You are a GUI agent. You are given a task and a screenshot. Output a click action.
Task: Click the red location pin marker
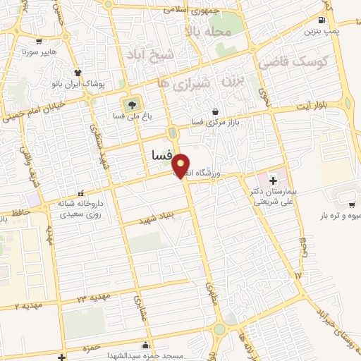point(182,166)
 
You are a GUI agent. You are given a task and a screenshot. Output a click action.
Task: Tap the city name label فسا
point(161,153)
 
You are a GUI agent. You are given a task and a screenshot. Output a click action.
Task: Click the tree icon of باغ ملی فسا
point(130,104)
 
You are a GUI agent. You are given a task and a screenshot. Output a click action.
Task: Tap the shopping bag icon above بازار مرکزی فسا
point(215,111)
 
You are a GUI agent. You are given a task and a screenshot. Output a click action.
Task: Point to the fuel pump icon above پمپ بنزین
point(322,20)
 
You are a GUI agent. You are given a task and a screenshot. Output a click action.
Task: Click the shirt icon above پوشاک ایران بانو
point(78,73)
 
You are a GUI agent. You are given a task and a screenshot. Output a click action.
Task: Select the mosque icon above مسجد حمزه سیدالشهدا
point(145,345)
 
